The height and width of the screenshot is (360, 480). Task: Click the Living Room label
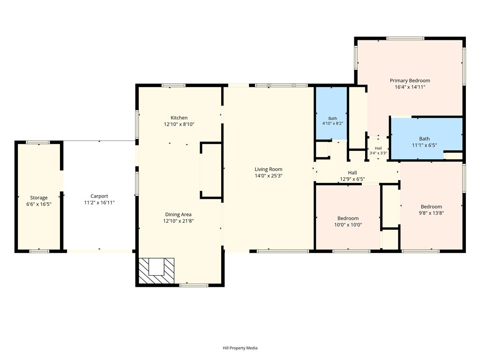[x=269, y=169]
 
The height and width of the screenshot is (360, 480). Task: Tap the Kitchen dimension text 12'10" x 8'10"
[x=179, y=124]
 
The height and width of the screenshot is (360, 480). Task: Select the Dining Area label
[x=178, y=215]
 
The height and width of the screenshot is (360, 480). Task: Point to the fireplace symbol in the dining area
[x=157, y=270]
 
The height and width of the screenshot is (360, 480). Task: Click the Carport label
[x=99, y=196]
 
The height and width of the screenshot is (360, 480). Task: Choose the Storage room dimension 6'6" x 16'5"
[x=38, y=204]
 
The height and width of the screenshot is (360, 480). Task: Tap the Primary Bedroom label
[x=410, y=81]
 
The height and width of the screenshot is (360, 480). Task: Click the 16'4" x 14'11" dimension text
[x=410, y=87]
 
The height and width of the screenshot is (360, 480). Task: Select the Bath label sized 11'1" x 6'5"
[x=424, y=139]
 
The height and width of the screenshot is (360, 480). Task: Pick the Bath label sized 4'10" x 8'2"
[x=333, y=119]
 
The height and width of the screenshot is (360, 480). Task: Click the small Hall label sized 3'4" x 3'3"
[x=378, y=148]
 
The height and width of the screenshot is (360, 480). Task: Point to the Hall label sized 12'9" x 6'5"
[x=352, y=172]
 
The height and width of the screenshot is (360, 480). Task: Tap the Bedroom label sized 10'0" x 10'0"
[x=348, y=218]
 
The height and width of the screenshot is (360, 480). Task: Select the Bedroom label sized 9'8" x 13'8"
[x=431, y=207]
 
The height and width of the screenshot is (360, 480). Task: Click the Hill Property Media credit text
[x=240, y=348]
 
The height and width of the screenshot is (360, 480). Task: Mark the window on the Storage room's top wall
[x=37, y=142]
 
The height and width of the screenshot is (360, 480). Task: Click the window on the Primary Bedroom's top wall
[x=405, y=38]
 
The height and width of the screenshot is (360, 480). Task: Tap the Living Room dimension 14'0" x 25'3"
[x=269, y=176]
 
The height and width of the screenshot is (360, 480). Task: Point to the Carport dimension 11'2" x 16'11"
[x=99, y=202]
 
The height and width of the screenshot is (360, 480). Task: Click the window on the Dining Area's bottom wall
[x=194, y=285]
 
